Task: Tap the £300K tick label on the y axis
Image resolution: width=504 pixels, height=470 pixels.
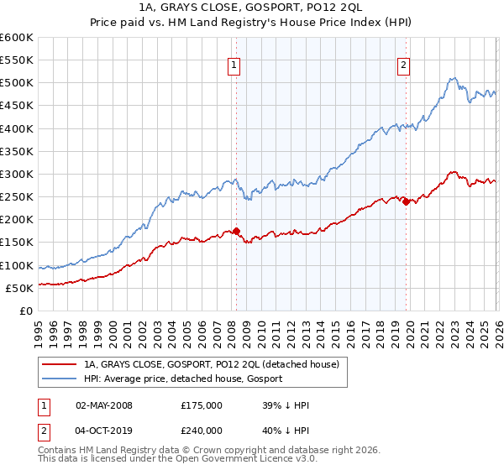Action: click(x=17, y=174)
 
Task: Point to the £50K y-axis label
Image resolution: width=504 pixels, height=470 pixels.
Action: click(x=19, y=288)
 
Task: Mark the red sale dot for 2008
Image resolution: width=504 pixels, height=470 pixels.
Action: click(x=236, y=231)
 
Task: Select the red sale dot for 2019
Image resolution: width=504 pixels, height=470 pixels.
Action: click(x=406, y=201)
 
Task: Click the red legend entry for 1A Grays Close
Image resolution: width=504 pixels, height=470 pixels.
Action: click(x=211, y=365)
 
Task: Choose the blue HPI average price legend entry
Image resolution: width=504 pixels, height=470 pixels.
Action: click(x=183, y=379)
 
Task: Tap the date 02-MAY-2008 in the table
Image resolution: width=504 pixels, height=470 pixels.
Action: click(x=104, y=405)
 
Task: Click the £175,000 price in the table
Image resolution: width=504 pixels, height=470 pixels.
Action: click(x=201, y=405)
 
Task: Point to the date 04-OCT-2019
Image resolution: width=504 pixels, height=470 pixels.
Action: click(x=104, y=431)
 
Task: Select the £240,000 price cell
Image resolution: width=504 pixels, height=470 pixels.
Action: click(x=201, y=431)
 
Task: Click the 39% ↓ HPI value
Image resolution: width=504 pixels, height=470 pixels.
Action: click(x=286, y=405)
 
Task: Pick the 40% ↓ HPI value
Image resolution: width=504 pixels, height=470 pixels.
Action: click(x=286, y=431)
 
